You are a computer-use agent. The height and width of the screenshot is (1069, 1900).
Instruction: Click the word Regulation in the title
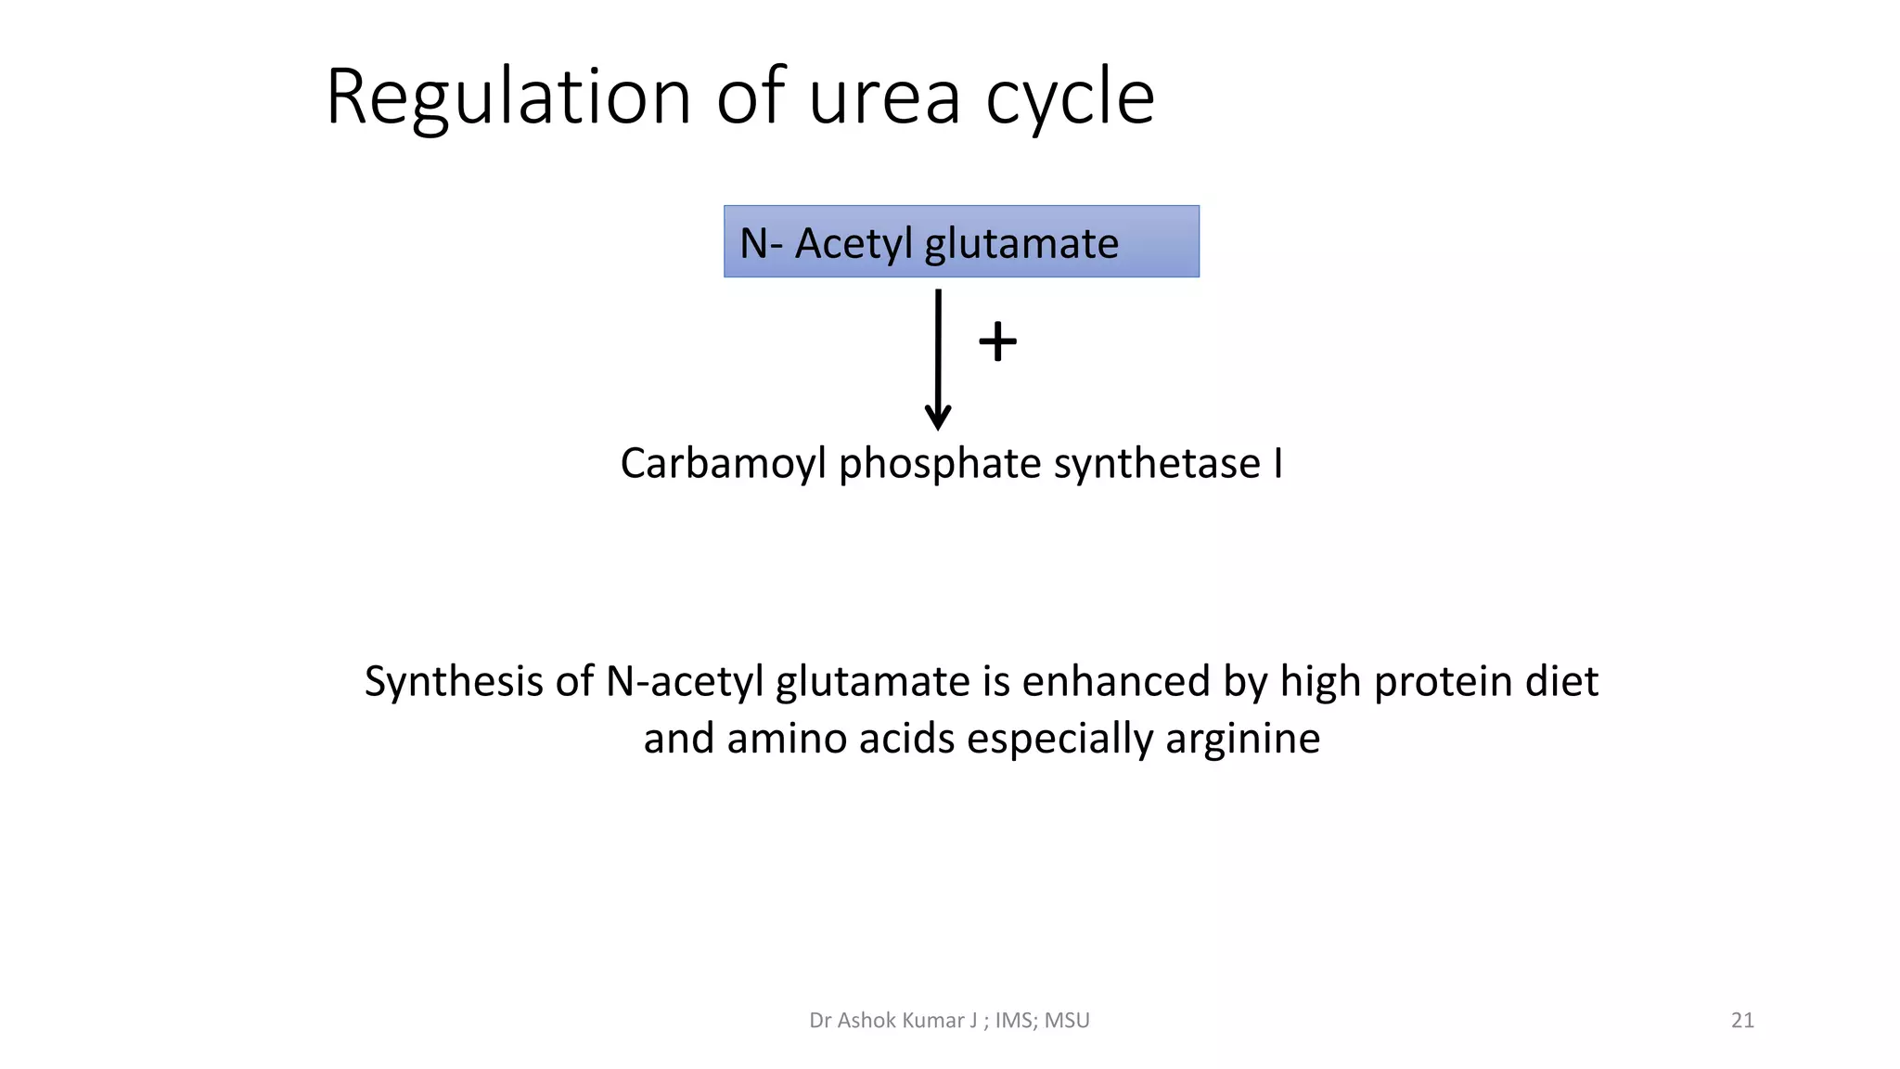tap(508, 97)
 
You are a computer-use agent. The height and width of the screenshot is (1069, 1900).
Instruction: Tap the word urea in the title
tap(884, 97)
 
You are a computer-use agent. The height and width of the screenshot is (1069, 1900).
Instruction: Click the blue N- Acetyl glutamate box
tap(961, 242)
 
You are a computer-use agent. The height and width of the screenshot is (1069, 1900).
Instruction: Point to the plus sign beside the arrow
tap(997, 341)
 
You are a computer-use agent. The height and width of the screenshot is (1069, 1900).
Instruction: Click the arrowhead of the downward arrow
tap(938, 418)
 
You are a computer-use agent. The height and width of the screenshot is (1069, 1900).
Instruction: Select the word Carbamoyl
tap(723, 464)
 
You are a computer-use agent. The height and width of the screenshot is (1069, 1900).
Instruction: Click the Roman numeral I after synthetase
tap(1277, 464)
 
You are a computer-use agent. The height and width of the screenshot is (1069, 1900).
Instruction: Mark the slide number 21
tap(1742, 1021)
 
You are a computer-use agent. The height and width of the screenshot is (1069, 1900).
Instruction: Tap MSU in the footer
tap(1067, 1021)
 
